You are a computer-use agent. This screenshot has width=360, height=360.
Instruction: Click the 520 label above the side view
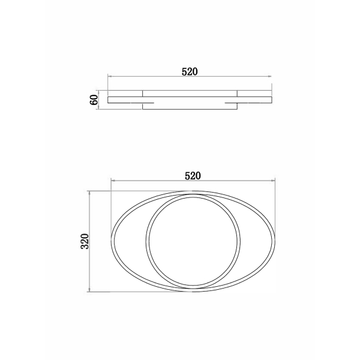[190, 72]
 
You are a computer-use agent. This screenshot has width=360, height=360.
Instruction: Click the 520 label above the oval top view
[193, 176]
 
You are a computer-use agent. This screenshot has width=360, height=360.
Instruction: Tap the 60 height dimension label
[94, 100]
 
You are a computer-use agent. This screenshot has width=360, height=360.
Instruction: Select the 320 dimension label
[85, 241]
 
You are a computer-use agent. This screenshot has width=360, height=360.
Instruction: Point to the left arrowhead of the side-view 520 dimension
[110, 76]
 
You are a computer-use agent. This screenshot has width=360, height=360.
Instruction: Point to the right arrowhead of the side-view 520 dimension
[270, 76]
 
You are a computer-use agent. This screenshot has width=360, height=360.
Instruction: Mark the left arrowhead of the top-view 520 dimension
[113, 181]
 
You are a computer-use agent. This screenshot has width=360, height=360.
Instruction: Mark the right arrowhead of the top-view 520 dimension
[273, 181]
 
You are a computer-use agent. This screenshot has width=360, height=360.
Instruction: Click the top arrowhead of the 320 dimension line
[89, 193]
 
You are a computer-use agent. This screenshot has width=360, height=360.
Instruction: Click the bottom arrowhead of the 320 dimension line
[89, 290]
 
